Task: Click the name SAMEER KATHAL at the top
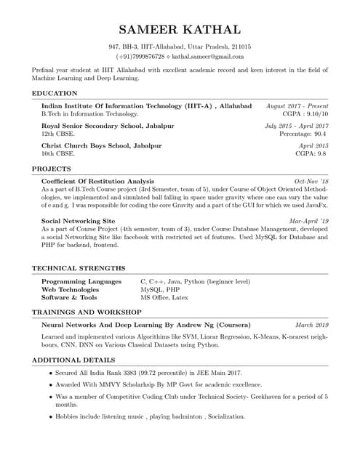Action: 180,30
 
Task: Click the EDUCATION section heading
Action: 55,93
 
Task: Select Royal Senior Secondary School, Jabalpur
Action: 108,126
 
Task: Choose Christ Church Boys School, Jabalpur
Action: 102,145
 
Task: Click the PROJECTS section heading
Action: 52,169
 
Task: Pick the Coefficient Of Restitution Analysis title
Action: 97,181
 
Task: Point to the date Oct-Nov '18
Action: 311,181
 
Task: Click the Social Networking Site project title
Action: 78,220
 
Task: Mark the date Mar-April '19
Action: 308,220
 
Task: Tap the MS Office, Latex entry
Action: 164,297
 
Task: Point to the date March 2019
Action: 312,325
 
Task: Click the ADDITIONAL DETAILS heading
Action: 74,360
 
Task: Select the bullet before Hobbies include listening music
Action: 50,417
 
